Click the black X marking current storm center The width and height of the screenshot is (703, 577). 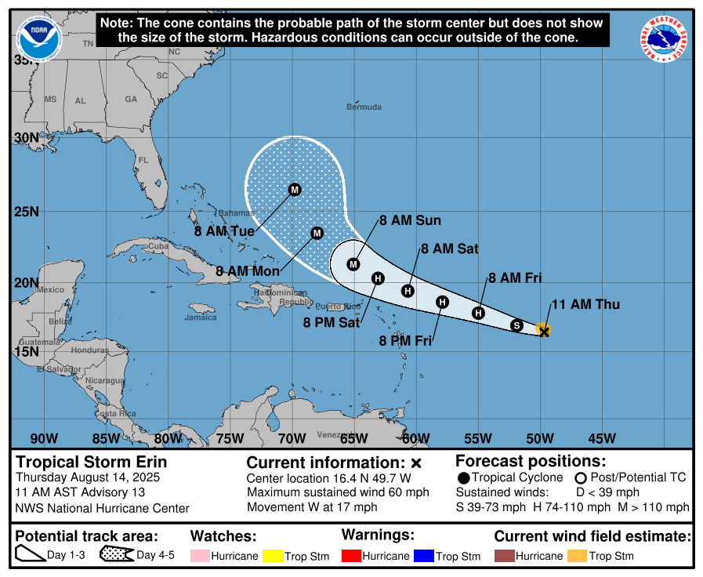pyautogui.click(x=544, y=332)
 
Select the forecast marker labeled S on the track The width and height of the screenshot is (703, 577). pyautogui.click(x=516, y=325)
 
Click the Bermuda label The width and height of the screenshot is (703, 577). pyautogui.click(x=364, y=107)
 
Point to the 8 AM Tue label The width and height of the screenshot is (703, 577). pyautogui.click(x=225, y=232)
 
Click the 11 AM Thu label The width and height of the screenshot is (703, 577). pyautogui.click(x=585, y=304)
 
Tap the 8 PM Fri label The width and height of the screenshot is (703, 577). pyautogui.click(x=405, y=341)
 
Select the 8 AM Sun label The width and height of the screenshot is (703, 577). pyautogui.click(x=410, y=221)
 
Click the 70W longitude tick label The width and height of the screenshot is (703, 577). pyautogui.click(x=292, y=438)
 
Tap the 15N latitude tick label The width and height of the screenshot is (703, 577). pyautogui.click(x=26, y=350)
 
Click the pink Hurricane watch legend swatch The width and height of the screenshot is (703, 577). pyautogui.click(x=202, y=556)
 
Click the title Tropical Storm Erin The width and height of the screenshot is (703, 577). pyautogui.click(x=92, y=463)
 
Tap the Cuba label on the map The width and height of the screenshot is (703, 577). pyautogui.click(x=159, y=245)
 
